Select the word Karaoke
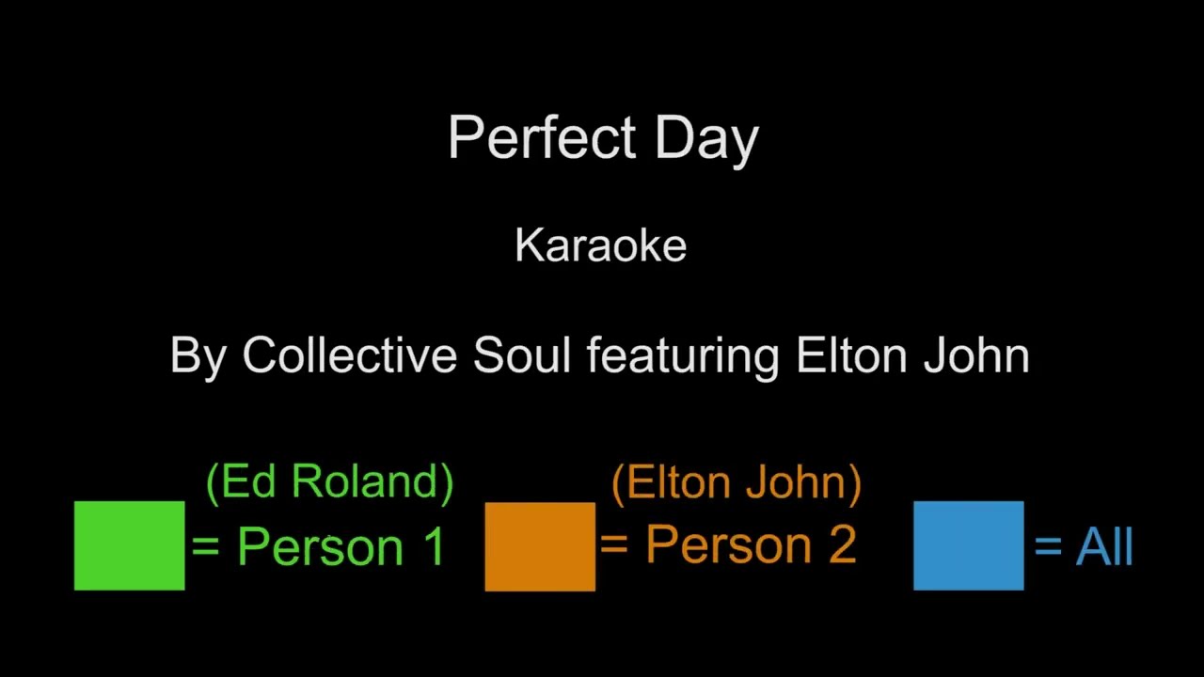(x=601, y=245)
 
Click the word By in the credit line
(x=197, y=356)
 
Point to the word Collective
(x=351, y=355)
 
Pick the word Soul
(x=522, y=355)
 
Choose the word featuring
(x=682, y=357)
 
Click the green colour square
(x=130, y=545)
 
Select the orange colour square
(x=540, y=546)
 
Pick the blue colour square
(x=968, y=545)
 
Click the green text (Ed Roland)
(x=329, y=481)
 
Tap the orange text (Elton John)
(x=736, y=482)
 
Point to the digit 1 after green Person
(x=434, y=545)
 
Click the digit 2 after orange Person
(x=842, y=544)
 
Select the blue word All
(x=1104, y=546)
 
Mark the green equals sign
(x=206, y=546)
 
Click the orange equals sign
(x=613, y=544)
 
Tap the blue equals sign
(x=1048, y=546)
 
